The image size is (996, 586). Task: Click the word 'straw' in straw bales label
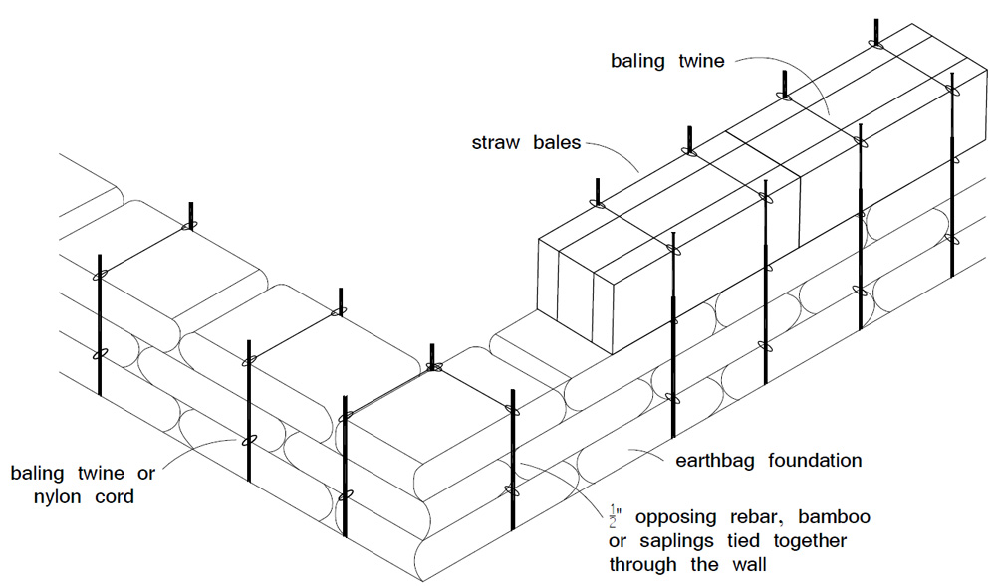pos(495,141)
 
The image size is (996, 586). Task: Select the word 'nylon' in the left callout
pos(39,493)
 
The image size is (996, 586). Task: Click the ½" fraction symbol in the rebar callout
pos(615,515)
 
